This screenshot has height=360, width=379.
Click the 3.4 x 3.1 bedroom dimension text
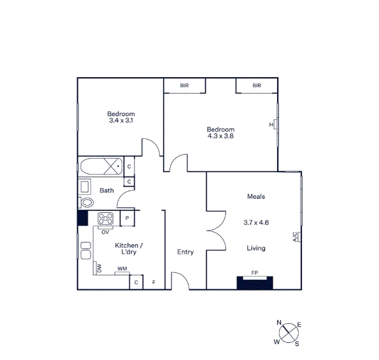121,120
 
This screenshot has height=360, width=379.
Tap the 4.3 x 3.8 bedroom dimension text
220,136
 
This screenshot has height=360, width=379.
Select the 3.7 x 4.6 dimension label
257,223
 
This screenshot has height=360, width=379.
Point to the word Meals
256,197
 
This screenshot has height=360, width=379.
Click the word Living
256,248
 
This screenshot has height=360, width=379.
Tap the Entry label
185,252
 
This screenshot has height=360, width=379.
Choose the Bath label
106,191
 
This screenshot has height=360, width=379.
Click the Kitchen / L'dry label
128,248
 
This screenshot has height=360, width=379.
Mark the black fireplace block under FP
255,283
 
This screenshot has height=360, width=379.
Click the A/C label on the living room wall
296,237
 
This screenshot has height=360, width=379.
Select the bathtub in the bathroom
100,167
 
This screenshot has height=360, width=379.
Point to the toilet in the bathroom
87,203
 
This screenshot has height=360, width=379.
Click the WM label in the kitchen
121,269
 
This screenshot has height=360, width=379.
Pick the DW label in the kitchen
99,269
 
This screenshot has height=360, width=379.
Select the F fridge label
154,282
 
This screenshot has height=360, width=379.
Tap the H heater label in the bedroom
271,126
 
